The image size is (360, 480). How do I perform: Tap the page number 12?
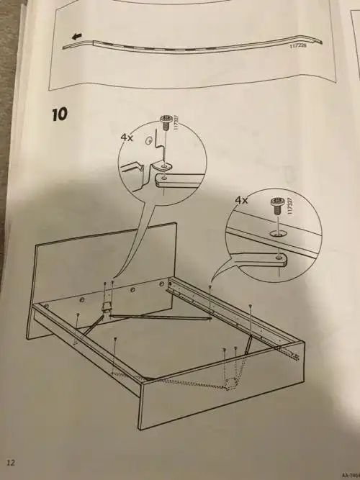11,461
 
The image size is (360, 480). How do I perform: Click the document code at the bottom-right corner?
348,466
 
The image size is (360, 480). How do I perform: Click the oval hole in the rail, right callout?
277,234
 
